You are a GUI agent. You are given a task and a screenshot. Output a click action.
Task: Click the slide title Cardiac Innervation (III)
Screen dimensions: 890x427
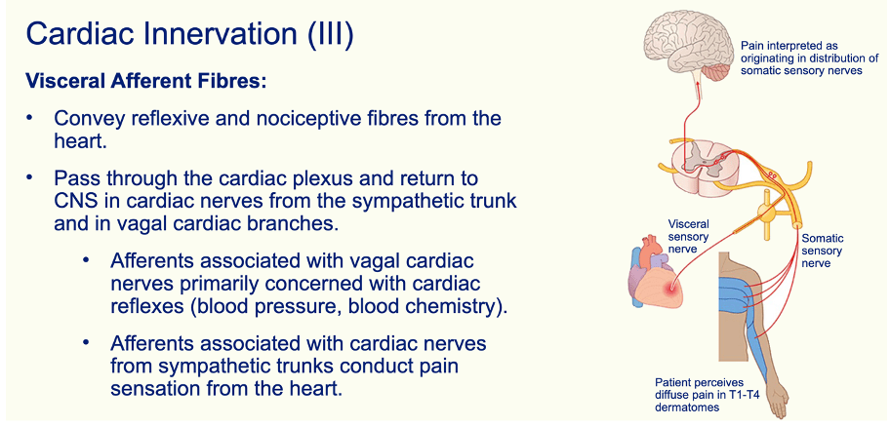click(x=189, y=33)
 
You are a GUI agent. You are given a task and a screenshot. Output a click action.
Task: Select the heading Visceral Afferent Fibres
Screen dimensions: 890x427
click(x=145, y=80)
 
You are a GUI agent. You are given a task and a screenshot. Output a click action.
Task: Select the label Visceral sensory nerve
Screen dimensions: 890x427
click(x=688, y=235)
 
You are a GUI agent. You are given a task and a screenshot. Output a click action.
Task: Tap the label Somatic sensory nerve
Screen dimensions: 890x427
click(x=821, y=251)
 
